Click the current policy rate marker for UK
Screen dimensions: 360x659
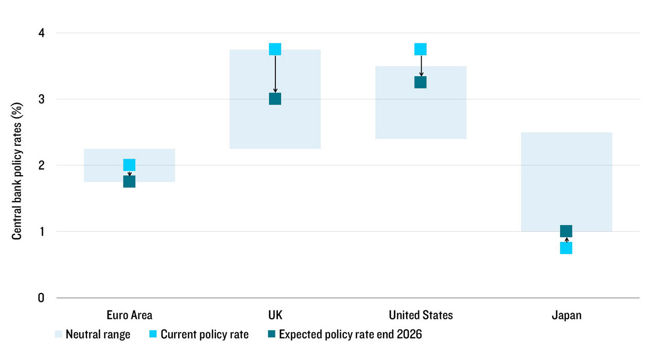point(275,49)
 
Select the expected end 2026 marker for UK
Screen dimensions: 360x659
point(275,99)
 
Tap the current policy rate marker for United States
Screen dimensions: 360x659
point(421,49)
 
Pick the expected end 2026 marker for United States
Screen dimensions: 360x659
point(421,82)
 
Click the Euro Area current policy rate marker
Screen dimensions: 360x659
point(129,165)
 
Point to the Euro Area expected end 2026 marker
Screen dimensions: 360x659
point(129,182)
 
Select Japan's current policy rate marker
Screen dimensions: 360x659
point(566,248)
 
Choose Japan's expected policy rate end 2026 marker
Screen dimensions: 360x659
point(566,231)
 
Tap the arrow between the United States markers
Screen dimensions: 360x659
point(421,66)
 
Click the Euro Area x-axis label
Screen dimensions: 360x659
point(129,315)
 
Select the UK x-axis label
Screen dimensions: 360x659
point(275,315)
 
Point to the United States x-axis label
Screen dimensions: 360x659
point(421,315)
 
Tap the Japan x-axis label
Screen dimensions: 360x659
point(566,315)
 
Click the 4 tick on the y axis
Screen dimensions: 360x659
point(41,33)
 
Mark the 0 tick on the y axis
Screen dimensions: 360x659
point(41,298)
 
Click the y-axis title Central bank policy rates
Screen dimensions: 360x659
point(17,165)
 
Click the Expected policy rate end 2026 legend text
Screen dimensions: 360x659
point(350,335)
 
